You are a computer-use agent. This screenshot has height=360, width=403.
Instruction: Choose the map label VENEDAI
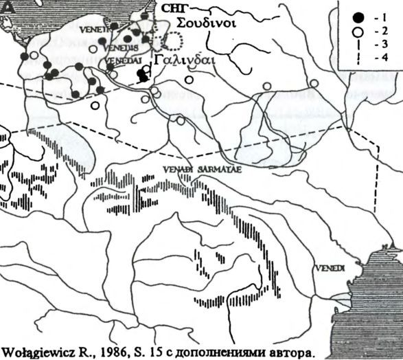[119, 61]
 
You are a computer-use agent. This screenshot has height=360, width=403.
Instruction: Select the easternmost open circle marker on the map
[314, 83]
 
